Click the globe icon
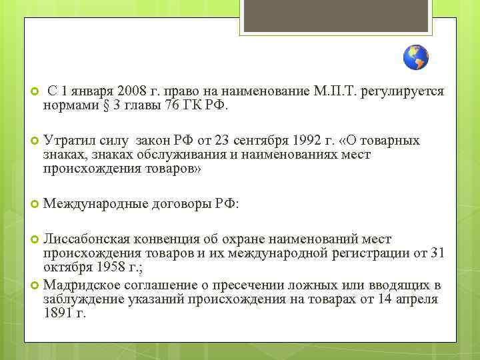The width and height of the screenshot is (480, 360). (416, 58)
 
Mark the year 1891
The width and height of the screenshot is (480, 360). (57, 312)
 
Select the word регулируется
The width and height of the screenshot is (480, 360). (411, 91)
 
